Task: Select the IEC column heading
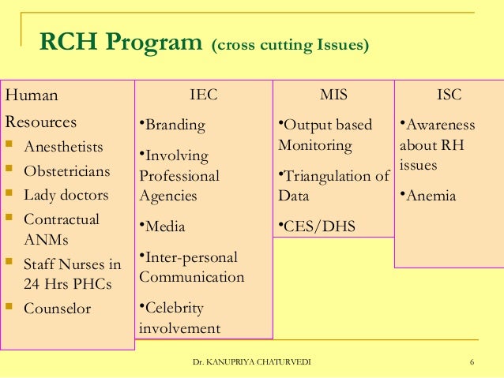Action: (204, 95)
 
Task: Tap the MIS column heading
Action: (333, 95)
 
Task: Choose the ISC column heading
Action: (449, 95)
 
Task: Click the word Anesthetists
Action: (64, 147)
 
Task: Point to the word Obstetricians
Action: (67, 170)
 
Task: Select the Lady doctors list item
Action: (66, 195)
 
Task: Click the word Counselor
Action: (58, 309)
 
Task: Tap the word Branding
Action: (174, 125)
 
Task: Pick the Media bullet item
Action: (164, 226)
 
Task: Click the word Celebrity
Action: (174, 308)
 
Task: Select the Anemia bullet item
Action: (431, 196)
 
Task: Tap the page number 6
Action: (471, 362)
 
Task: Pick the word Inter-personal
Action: (190, 257)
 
